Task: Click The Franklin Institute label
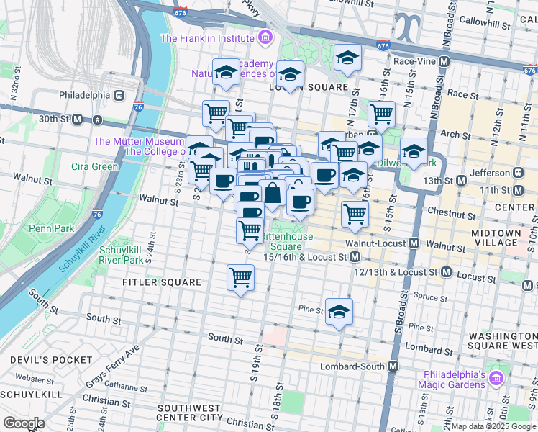pyautogui.click(x=207, y=37)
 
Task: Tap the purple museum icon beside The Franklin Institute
pyautogui.click(x=265, y=37)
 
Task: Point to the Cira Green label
pyautogui.click(x=94, y=166)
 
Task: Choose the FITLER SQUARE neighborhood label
pyautogui.click(x=162, y=282)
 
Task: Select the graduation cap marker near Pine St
pyautogui.click(x=338, y=311)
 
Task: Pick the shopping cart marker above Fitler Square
pyautogui.click(x=240, y=276)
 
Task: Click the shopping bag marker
pyautogui.click(x=272, y=194)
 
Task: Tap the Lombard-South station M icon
pyautogui.click(x=393, y=366)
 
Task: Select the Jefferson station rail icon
pyautogui.click(x=516, y=174)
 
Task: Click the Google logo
pyautogui.click(x=24, y=423)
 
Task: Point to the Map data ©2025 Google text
pyautogui.click(x=493, y=426)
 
